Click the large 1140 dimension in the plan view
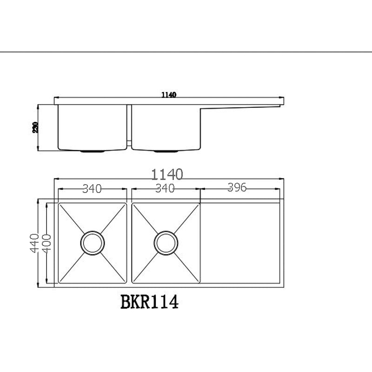point(167,174)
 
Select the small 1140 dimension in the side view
point(168,95)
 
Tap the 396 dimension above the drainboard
point(237,187)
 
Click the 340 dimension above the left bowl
point(92,188)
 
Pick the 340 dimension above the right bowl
point(165,188)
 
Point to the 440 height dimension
point(33,243)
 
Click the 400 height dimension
point(46,243)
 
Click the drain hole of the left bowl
point(92,242)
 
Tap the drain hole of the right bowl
point(166,242)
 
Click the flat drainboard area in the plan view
point(240,242)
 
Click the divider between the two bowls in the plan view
point(129,242)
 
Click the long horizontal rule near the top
point(186,52)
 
